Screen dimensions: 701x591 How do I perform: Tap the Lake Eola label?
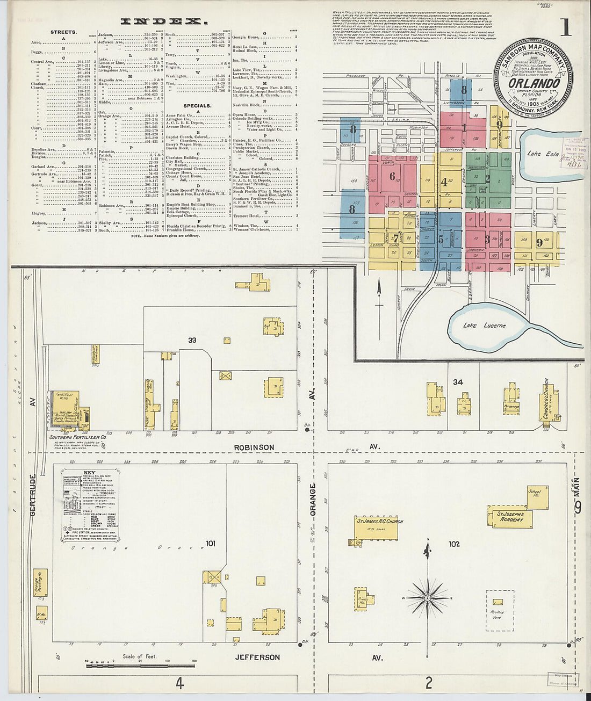(x=542, y=154)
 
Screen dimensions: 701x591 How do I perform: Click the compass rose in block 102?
(x=428, y=596)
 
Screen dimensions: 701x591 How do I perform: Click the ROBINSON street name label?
(x=254, y=447)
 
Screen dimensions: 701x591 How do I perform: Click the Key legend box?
(x=90, y=505)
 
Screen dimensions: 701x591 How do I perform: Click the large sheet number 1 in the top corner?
(x=565, y=27)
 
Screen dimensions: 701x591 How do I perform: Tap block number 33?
(x=192, y=340)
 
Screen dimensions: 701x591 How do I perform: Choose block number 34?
(x=458, y=382)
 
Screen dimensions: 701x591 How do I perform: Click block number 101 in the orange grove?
(x=210, y=544)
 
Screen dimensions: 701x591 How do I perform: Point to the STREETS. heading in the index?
(x=63, y=32)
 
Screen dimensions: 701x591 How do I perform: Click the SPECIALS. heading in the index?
(x=197, y=106)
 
